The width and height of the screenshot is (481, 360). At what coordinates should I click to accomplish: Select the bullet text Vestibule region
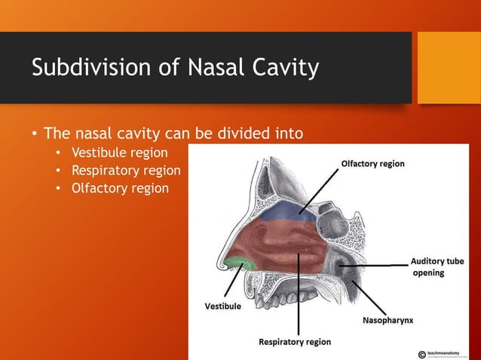click(119, 153)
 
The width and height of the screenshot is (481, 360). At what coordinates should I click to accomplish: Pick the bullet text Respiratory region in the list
click(125, 170)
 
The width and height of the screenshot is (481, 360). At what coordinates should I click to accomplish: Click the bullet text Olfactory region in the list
click(120, 188)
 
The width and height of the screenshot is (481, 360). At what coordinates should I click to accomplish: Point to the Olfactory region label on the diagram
click(372, 163)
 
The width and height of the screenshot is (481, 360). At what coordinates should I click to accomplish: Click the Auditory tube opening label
click(437, 267)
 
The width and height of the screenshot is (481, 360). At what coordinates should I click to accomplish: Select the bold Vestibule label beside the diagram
click(223, 306)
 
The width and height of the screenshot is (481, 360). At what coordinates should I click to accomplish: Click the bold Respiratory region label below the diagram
click(294, 342)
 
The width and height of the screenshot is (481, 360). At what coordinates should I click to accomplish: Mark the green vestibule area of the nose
click(240, 262)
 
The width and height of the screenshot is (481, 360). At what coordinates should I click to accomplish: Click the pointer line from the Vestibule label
click(231, 282)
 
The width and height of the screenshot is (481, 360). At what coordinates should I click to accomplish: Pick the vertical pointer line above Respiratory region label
click(299, 301)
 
